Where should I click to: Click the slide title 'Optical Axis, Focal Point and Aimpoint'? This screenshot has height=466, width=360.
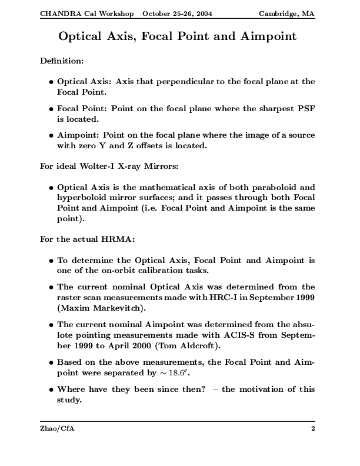(x=177, y=36)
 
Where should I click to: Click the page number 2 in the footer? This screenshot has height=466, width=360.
(x=313, y=429)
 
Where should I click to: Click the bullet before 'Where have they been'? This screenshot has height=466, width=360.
(x=52, y=389)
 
